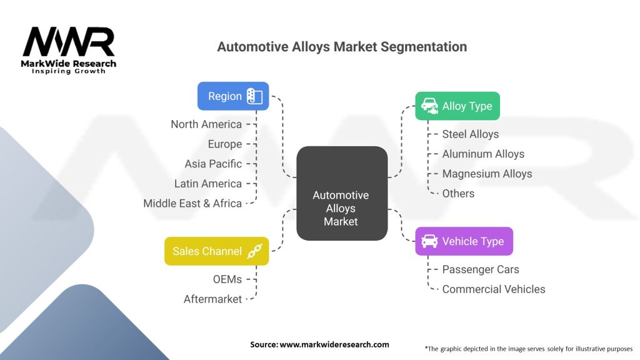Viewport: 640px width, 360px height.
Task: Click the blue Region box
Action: pos(233,96)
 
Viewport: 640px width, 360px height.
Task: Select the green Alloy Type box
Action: pos(457,106)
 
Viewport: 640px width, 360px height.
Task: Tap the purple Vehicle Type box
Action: pos(464,241)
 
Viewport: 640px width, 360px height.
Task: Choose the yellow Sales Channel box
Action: pos(217,251)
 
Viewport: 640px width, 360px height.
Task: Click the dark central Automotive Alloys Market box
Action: pos(342,193)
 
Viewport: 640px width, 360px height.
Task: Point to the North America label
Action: pos(206,124)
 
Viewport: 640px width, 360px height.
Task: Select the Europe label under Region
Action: pos(225,144)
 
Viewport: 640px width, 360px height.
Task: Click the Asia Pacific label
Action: pos(213,164)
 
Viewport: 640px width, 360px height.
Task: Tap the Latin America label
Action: pos(207,184)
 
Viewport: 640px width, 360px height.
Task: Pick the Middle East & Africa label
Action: pos(192,203)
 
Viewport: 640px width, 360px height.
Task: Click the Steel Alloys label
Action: pos(471,134)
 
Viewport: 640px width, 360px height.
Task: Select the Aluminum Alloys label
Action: pos(483,154)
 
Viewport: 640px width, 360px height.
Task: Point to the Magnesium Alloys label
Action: pos(487,174)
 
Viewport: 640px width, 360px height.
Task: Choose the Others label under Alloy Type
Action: pos(458,194)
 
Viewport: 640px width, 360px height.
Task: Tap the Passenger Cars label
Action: pos(481,269)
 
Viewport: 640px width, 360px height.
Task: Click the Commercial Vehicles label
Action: pos(494,289)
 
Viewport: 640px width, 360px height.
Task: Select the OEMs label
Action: pos(227,279)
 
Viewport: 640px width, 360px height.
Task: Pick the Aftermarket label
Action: pos(212,299)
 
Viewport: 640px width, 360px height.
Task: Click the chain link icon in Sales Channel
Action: pos(255,251)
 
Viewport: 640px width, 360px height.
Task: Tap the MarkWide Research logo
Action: pos(69,50)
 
